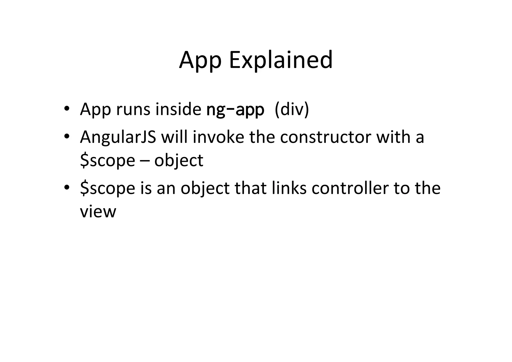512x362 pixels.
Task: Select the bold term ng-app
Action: [235, 110]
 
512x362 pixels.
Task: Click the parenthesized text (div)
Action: [292, 109]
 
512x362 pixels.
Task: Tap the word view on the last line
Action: [98, 212]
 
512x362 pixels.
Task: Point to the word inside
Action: [178, 109]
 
